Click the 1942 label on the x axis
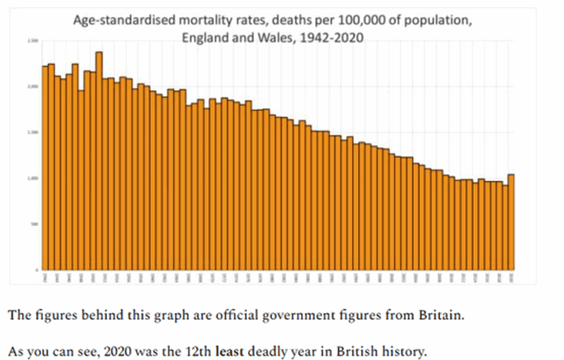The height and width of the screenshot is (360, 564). pos(44,278)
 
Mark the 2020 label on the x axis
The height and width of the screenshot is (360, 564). pos(511,278)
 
